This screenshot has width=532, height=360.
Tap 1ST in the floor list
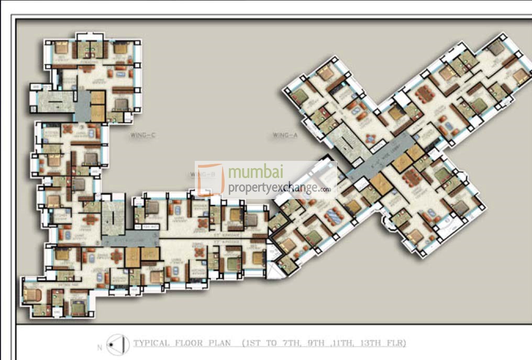[255, 344]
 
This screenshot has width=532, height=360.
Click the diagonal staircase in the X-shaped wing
[346, 138]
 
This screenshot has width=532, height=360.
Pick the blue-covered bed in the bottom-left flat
[78, 307]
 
